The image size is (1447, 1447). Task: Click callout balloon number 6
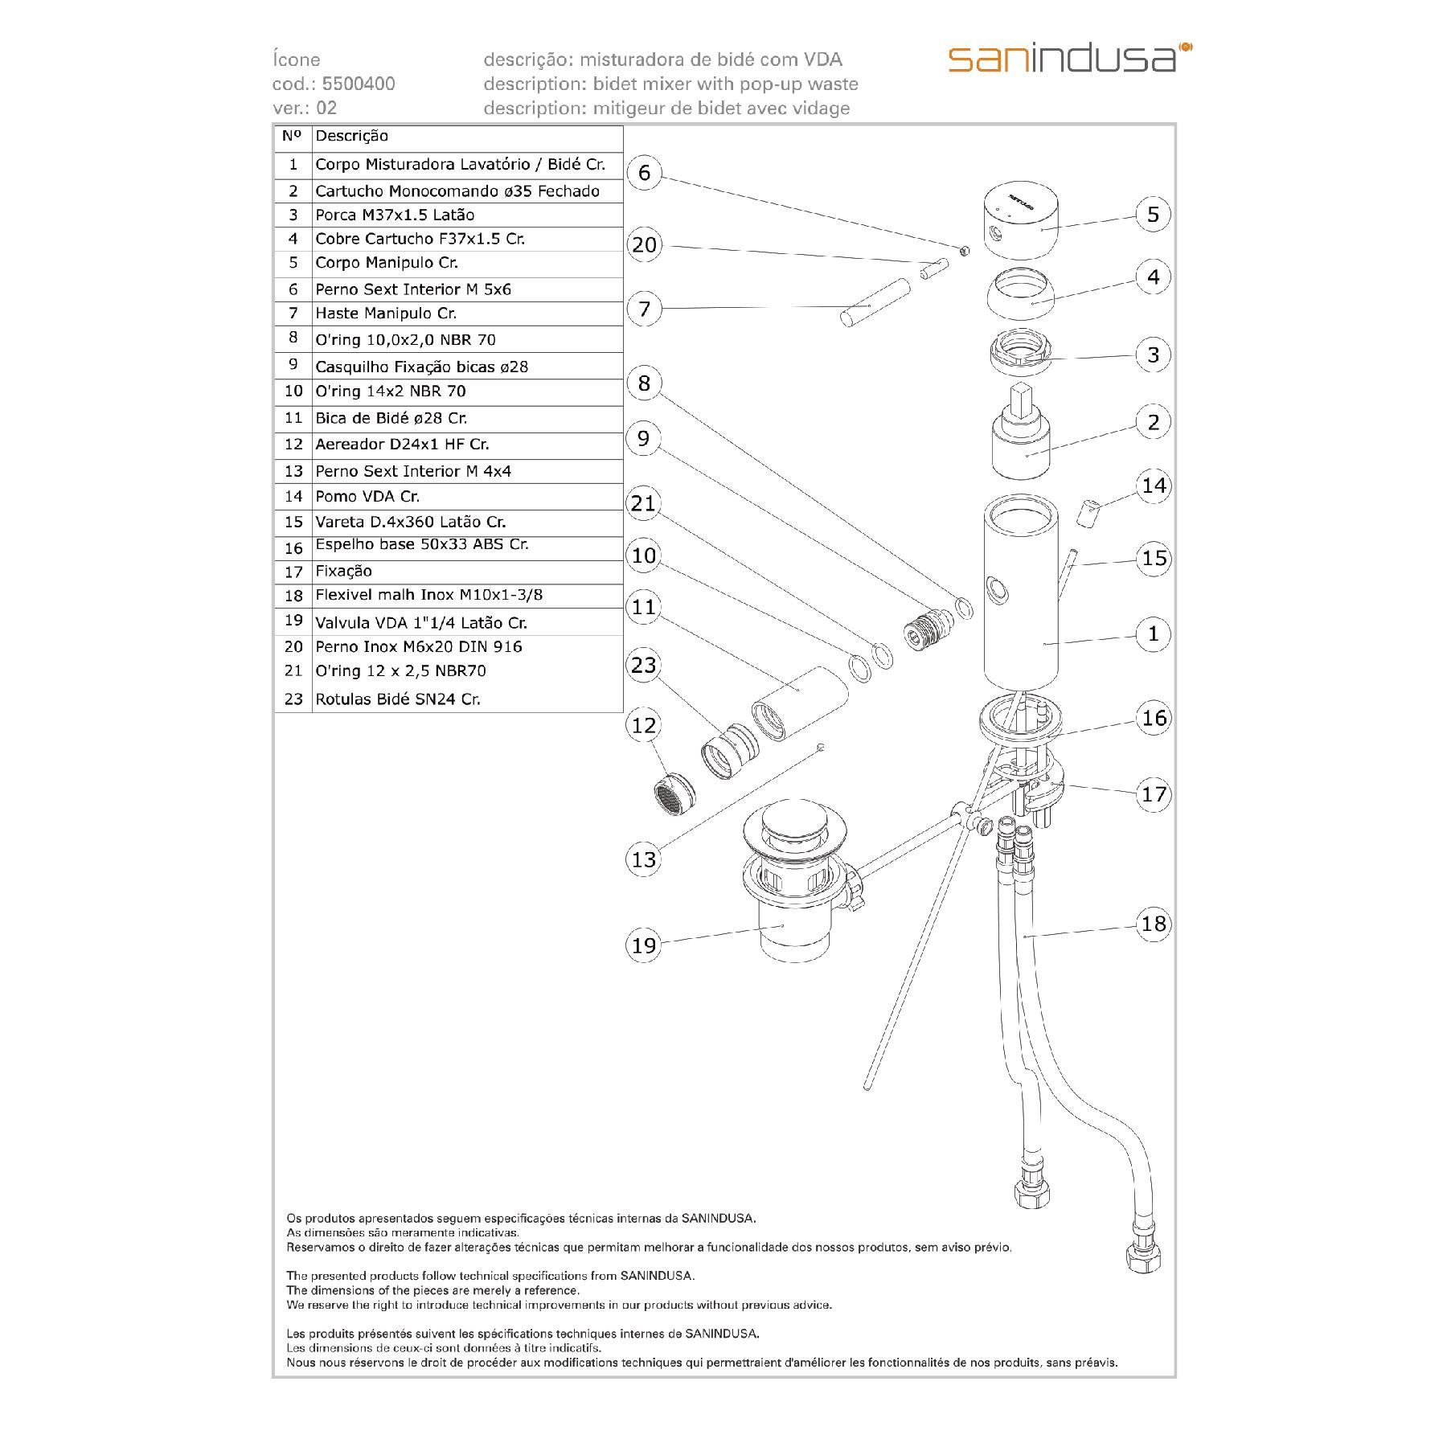[x=644, y=173]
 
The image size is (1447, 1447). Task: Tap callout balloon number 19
[x=644, y=945]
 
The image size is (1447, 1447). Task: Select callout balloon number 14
[x=1154, y=486]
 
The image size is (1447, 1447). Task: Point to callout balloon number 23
[x=644, y=665]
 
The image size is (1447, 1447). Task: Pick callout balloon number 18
[x=1154, y=923]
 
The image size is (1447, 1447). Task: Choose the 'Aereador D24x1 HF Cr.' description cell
[x=402, y=445]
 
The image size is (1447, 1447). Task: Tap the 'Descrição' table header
[x=351, y=137]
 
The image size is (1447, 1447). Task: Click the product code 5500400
[x=358, y=84]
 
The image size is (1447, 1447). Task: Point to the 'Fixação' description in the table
[x=343, y=572]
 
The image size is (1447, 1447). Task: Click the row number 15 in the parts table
[x=293, y=523]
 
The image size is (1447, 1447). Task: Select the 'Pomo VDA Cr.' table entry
[x=367, y=497]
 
